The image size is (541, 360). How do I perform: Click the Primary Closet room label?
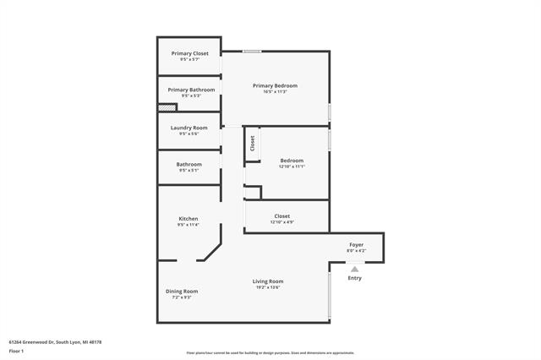pos(189,53)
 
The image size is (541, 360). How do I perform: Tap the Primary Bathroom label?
pos(191,90)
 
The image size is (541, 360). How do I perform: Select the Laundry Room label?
pos(189,128)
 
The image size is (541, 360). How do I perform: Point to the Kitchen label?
pos(188,218)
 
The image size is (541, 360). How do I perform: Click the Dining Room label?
pos(181,291)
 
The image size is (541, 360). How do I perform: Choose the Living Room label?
pos(268,281)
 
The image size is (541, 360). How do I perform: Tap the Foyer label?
pos(357,245)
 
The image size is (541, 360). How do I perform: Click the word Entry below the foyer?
pos(355,278)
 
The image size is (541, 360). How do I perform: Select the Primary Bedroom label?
pos(275,85)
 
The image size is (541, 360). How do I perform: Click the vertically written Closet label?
pos(252,143)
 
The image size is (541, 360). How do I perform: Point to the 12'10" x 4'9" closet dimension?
pos(281,222)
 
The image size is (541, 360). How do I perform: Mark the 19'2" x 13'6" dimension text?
pos(268,287)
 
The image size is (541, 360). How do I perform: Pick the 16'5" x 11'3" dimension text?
pos(275,91)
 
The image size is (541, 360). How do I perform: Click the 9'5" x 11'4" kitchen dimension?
pos(188,225)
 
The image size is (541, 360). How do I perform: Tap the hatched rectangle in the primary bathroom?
pos(167,107)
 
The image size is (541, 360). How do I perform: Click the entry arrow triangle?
pos(355,270)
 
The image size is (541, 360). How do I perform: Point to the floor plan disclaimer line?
pos(270,352)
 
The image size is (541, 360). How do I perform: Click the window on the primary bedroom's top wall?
pos(252,52)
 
